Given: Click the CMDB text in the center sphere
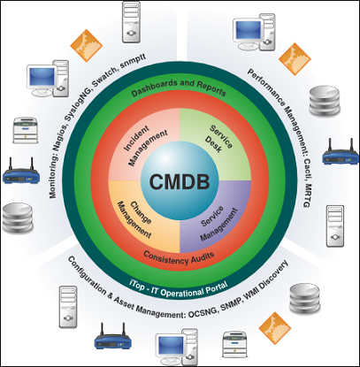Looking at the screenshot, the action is [x=180, y=181].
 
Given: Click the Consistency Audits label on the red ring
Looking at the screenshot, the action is [x=179, y=257].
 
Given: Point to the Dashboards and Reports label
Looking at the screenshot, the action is [x=179, y=88].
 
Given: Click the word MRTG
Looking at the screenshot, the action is [x=307, y=195].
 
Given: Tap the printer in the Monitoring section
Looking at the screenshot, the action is [x=26, y=130].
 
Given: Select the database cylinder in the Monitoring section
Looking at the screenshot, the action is [x=17, y=218].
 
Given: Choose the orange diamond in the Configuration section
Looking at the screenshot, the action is [x=275, y=328].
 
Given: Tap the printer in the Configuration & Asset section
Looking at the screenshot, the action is [x=234, y=344].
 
